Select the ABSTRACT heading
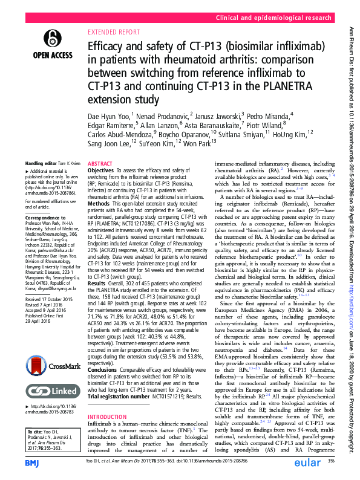coord(100,164)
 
